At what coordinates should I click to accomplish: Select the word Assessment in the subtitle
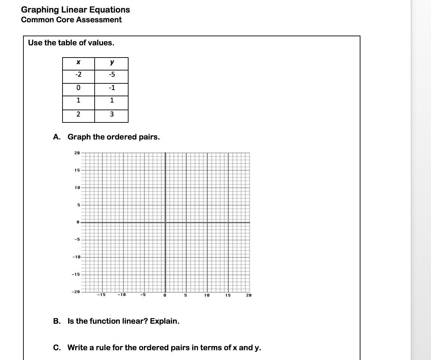pyautogui.click(x=99, y=20)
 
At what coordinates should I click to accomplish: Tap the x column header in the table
pyautogui.click(x=78, y=63)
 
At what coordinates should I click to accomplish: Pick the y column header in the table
pyautogui.click(x=112, y=63)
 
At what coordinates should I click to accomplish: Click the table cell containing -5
pyautogui.click(x=112, y=75)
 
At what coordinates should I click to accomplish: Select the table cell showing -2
pyautogui.click(x=78, y=75)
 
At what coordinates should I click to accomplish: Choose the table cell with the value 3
pyautogui.click(x=112, y=114)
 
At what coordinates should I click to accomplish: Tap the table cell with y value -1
pyautogui.click(x=112, y=88)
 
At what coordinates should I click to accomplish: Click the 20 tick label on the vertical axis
pyautogui.click(x=77, y=153)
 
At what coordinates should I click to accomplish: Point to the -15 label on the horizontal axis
pyautogui.click(x=101, y=295)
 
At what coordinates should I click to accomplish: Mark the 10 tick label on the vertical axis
pyautogui.click(x=77, y=188)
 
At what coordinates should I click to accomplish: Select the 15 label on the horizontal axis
pyautogui.click(x=228, y=295)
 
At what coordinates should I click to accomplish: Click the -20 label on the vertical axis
pyautogui.click(x=76, y=292)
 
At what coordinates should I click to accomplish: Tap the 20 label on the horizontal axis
pyautogui.click(x=248, y=295)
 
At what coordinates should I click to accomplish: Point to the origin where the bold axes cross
pyautogui.click(x=165, y=222)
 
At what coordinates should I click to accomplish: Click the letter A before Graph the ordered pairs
pyautogui.click(x=56, y=137)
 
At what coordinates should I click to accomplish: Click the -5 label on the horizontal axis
pyautogui.click(x=143, y=295)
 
